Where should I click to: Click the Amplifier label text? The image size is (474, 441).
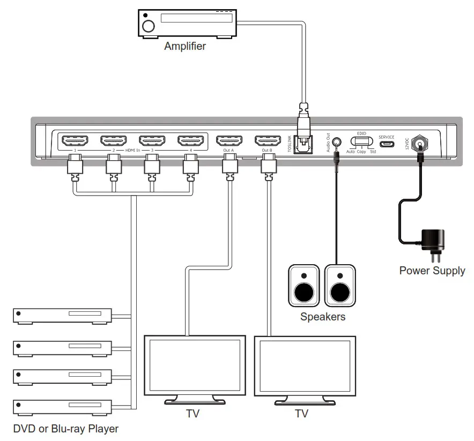tap(185, 46)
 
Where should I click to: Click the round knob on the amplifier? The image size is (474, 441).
tap(149, 25)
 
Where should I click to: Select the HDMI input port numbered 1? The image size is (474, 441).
tap(75, 141)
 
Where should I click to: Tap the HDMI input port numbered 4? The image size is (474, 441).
tap(191, 141)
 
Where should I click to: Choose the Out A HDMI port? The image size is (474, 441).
tap(228, 141)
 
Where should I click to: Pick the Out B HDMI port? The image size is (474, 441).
tap(267, 141)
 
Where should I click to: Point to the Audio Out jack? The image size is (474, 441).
tap(337, 143)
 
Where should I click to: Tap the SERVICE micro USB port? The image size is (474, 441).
tap(386, 144)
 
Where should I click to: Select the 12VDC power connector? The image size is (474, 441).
tap(420, 143)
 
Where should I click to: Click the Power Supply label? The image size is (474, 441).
tap(432, 271)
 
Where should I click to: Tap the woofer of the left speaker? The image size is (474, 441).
tap(304, 293)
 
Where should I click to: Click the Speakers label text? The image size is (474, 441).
tap(323, 317)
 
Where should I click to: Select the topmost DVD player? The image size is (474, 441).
tap(62, 316)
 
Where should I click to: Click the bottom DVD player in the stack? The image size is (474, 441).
tap(62, 407)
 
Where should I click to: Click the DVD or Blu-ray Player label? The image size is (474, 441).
tap(65, 429)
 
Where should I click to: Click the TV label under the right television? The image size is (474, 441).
tap(302, 414)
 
